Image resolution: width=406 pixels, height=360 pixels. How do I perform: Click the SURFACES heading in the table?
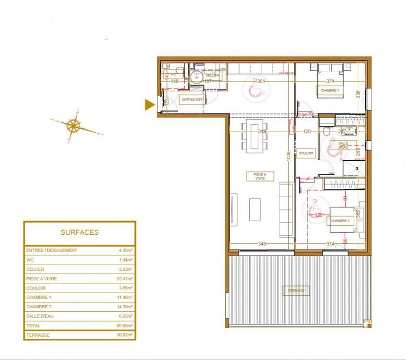coord(80,233)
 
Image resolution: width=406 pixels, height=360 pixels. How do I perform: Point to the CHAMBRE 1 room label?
coord(329,90)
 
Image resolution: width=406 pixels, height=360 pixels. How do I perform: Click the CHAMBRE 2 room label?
coord(340,221)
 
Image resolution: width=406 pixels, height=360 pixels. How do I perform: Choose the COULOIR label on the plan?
coord(307,153)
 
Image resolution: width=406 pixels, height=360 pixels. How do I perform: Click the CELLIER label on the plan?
coord(213,76)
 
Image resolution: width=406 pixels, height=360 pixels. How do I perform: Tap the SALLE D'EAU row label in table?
coord(39,316)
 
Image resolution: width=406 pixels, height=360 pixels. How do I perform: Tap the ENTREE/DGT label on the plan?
coord(192,100)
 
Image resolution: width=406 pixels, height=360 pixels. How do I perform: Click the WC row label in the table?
coord(29,260)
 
